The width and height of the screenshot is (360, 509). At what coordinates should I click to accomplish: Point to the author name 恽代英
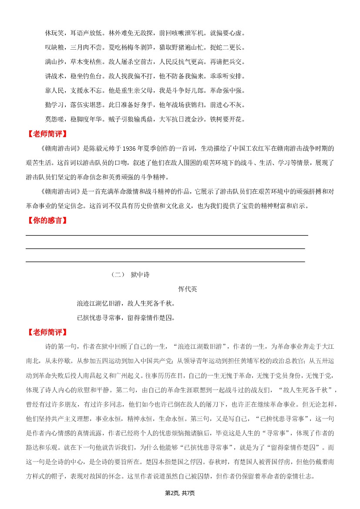point(188,289)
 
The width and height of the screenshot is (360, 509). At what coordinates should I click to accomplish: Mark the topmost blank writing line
point(167,236)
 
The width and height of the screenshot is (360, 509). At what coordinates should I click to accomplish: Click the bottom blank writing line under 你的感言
point(165,262)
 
